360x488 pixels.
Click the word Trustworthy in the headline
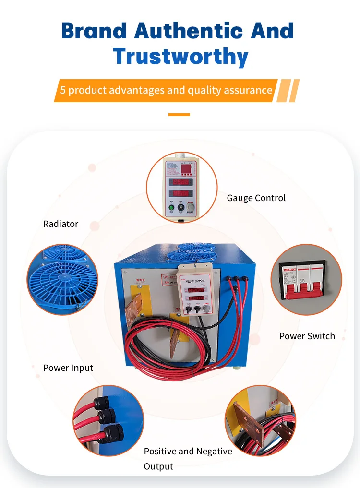pyautogui.click(x=180, y=57)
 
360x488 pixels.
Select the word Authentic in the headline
pyautogui.click(x=189, y=31)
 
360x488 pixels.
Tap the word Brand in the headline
pyautogui.click(x=95, y=31)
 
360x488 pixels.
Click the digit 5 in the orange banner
pyautogui.click(x=62, y=90)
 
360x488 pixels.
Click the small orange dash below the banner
pyautogui.click(x=180, y=115)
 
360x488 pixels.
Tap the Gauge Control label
pyautogui.click(x=256, y=198)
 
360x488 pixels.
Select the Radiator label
pyautogui.click(x=60, y=224)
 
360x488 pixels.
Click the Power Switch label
pyautogui.click(x=307, y=336)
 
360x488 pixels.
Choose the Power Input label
pyautogui.click(x=68, y=368)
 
